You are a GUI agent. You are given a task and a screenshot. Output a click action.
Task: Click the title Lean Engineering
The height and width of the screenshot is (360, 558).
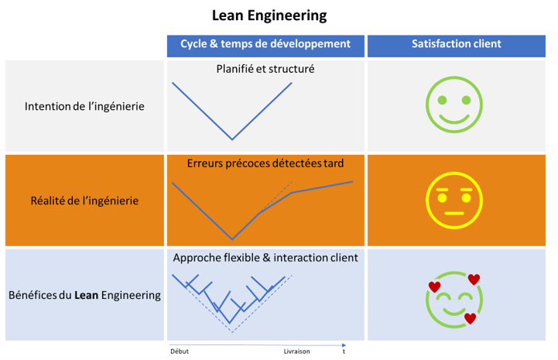(269, 15)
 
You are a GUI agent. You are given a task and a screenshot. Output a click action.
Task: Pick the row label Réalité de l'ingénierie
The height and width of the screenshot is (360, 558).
(85, 200)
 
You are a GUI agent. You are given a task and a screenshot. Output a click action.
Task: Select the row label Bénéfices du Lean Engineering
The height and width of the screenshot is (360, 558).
(84, 295)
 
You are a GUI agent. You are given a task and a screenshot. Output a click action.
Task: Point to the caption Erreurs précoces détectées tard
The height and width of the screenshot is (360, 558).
(265, 163)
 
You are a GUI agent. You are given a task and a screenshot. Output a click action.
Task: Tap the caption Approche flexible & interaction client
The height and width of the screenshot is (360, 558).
(265, 258)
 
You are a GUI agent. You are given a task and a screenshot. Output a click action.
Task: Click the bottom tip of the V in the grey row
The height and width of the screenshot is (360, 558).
(232, 139)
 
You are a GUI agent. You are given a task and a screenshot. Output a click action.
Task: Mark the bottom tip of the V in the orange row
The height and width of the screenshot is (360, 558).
(232, 238)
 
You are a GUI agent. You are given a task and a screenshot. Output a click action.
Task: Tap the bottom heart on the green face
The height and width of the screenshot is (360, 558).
(470, 318)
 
